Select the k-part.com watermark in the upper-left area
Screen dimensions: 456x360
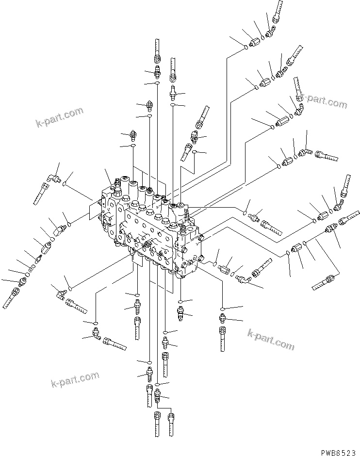click(x=60, y=118)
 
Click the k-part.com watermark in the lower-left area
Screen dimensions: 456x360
click(x=75, y=380)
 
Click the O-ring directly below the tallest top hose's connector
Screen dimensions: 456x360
click(x=157, y=83)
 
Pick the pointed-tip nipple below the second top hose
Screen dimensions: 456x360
click(x=150, y=105)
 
